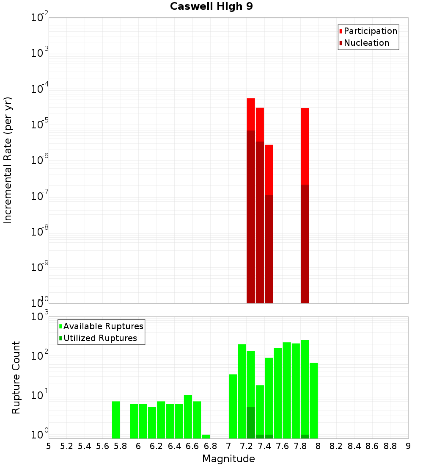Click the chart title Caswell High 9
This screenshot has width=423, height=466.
pyautogui.click(x=211, y=7)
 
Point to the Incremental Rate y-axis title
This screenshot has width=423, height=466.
pyautogui.click(x=8, y=160)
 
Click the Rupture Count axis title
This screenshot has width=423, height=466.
pyautogui.click(x=16, y=377)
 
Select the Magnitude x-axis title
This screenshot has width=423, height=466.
pyautogui.click(x=228, y=459)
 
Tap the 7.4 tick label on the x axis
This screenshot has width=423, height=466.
pyautogui.click(x=264, y=446)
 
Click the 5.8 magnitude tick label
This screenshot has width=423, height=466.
pyautogui.click(x=121, y=446)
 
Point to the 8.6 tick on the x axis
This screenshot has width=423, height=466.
pyautogui.click(x=372, y=446)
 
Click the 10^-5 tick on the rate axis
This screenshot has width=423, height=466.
pyautogui.click(x=40, y=125)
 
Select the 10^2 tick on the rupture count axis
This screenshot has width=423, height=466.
pyautogui.click(x=40, y=356)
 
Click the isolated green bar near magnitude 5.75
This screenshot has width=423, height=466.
pyautogui.click(x=116, y=419)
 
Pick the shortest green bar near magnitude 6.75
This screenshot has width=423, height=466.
pyautogui.click(x=206, y=436)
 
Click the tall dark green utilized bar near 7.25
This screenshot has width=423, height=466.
pyautogui.click(x=251, y=422)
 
